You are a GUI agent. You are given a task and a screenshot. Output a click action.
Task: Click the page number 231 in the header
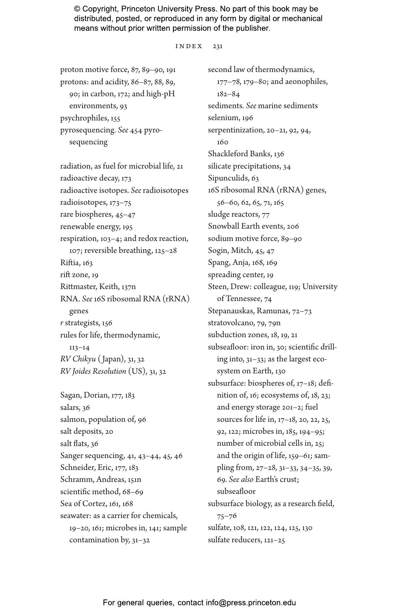(x=217, y=46)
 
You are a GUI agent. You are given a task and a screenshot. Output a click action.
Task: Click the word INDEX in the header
(x=189, y=46)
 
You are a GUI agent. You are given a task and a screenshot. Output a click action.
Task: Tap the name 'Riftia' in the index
(x=69, y=263)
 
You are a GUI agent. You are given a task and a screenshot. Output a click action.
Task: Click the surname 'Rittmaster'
(x=78, y=287)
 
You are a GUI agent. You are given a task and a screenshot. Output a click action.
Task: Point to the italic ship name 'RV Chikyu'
(x=78, y=359)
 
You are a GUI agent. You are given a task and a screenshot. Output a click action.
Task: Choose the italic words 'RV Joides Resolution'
(x=93, y=372)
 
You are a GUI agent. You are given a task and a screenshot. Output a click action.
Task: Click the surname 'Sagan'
(x=70, y=395)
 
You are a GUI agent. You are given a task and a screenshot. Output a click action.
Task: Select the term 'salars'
(x=70, y=408)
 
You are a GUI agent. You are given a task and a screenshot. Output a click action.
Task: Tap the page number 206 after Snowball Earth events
(x=293, y=227)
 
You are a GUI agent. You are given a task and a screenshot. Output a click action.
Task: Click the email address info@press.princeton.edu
(x=251, y=603)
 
